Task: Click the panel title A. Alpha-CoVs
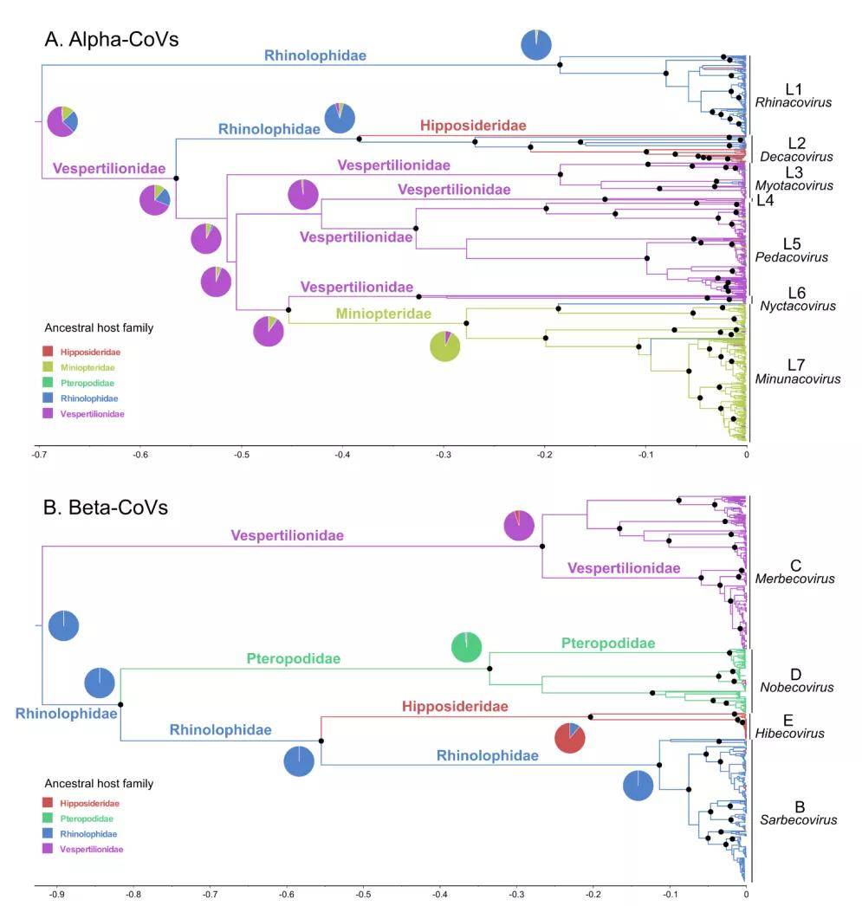[x=112, y=39]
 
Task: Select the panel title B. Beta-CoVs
[x=106, y=508]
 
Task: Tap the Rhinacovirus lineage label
[x=794, y=102]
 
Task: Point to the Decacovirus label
[x=796, y=157]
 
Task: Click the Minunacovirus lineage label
[x=797, y=379]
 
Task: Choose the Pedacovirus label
[x=792, y=257]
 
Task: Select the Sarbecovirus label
[x=798, y=820]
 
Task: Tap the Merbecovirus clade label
[x=794, y=579]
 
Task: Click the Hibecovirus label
[x=790, y=734]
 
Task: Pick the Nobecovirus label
[x=797, y=687]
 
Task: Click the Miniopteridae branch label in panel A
[x=384, y=314]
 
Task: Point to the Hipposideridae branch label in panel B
[x=456, y=706]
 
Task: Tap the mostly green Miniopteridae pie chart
[x=445, y=346]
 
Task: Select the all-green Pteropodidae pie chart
[x=466, y=646]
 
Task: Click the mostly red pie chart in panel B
[x=570, y=738]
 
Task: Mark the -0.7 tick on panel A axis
[x=39, y=454]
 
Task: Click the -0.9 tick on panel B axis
[x=56, y=895]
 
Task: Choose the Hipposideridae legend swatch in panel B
[x=48, y=803]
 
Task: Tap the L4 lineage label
[x=765, y=200]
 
